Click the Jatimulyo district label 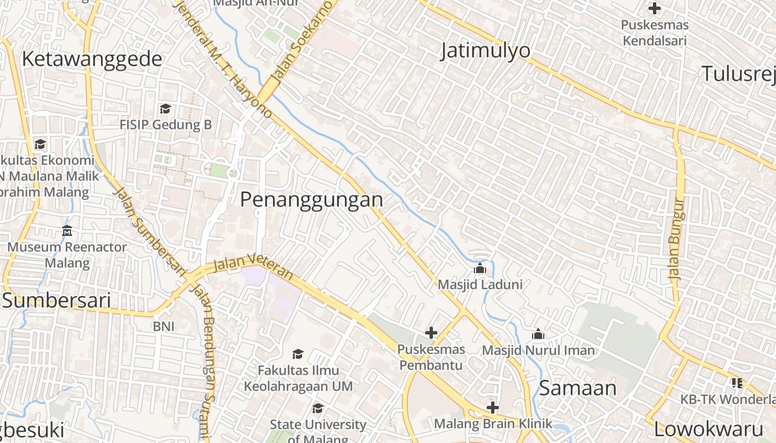pyautogui.click(x=486, y=50)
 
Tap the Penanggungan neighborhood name pyautogui.click(x=311, y=199)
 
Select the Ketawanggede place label pyautogui.click(x=92, y=59)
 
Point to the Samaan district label pyautogui.click(x=578, y=388)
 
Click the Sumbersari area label pyautogui.click(x=57, y=300)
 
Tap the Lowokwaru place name pyautogui.click(x=708, y=429)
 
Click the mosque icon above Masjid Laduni pyautogui.click(x=480, y=269)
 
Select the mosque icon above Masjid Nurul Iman pyautogui.click(x=538, y=334)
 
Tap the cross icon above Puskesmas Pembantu pyautogui.click(x=431, y=333)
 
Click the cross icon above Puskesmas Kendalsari pyautogui.click(x=655, y=8)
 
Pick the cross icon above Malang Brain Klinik pyautogui.click(x=492, y=408)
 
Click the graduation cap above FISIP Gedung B pyautogui.click(x=165, y=109)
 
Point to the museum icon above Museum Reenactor pyautogui.click(x=67, y=230)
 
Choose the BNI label pyautogui.click(x=164, y=326)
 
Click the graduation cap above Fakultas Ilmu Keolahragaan pyautogui.click(x=298, y=354)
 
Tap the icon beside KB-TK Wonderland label pyautogui.click(x=737, y=383)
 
